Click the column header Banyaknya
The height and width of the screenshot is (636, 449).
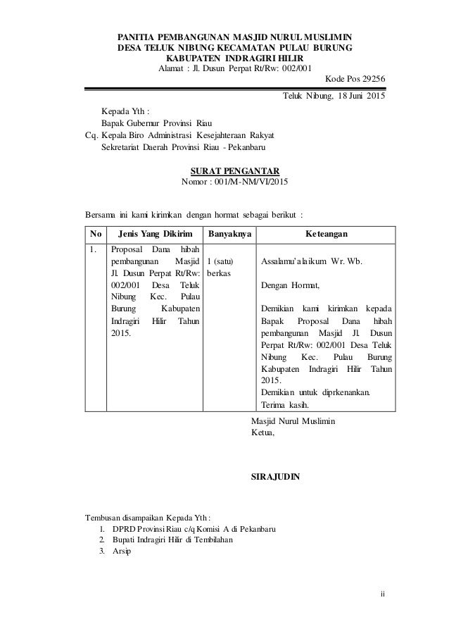[229, 234]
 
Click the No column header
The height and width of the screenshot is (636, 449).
[95, 234]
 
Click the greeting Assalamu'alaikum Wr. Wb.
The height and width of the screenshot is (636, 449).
[312, 261]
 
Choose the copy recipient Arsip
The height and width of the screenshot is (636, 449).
[122, 551]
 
